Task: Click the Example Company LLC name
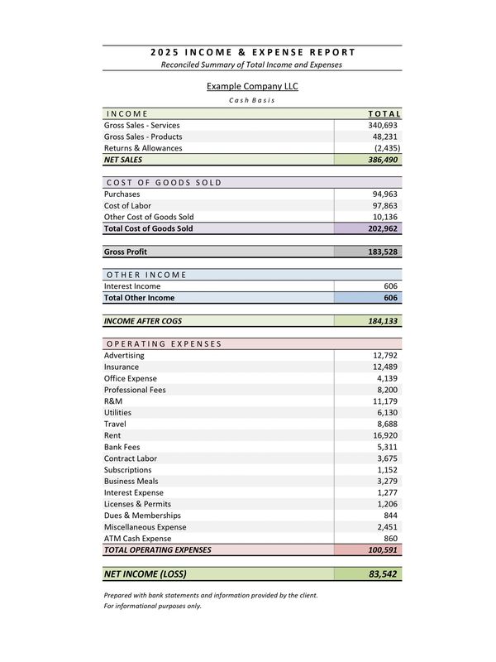pyautogui.click(x=252, y=86)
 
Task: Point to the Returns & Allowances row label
pyautogui.click(x=143, y=148)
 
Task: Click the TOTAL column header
pyautogui.click(x=384, y=113)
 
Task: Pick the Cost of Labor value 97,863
pyautogui.click(x=385, y=205)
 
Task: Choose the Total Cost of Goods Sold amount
pyautogui.click(x=383, y=228)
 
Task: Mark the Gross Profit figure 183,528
pyautogui.click(x=383, y=252)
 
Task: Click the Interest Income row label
pyautogui.click(x=132, y=285)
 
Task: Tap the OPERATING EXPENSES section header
pyautogui.click(x=164, y=343)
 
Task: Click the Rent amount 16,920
pyautogui.click(x=385, y=435)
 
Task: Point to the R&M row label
pyautogui.click(x=114, y=401)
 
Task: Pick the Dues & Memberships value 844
pyautogui.click(x=390, y=516)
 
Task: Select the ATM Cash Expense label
pyautogui.click(x=138, y=538)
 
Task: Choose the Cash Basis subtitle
pyautogui.click(x=252, y=100)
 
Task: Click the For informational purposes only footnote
pyautogui.click(x=152, y=606)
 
